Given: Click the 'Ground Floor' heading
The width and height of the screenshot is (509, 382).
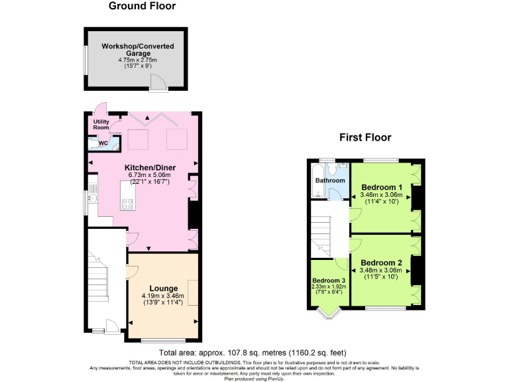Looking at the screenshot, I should click(142, 7).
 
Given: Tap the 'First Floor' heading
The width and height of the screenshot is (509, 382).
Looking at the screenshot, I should click(365, 138).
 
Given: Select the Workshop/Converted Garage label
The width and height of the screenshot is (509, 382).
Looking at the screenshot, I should click(138, 50).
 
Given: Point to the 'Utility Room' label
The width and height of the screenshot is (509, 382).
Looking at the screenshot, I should click(100, 123).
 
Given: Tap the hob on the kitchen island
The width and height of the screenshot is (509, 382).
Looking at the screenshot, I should click(128, 204).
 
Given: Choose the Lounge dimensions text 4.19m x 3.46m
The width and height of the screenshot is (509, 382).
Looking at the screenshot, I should click(162, 296).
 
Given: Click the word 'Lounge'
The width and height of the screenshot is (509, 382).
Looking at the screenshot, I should click(162, 288).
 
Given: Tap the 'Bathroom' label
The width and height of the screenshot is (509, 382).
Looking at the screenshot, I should click(329, 180).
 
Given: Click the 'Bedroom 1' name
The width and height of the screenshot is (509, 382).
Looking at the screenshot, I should click(382, 186).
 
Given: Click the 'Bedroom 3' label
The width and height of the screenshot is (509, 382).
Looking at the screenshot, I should click(329, 281).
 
